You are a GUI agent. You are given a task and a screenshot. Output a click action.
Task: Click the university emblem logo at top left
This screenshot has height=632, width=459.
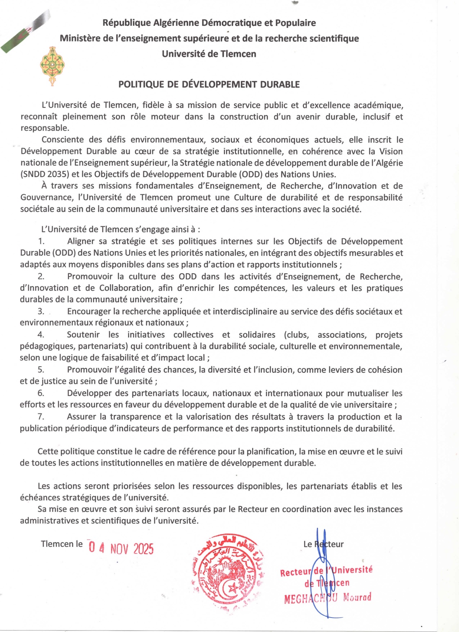click(52, 66)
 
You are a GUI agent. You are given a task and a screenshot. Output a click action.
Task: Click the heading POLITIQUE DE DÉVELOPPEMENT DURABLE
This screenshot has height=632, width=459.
click(209, 85)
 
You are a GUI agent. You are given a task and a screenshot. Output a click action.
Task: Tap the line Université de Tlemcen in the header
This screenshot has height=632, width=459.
click(209, 54)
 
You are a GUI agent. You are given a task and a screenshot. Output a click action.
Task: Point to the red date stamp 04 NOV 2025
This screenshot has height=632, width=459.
click(121, 548)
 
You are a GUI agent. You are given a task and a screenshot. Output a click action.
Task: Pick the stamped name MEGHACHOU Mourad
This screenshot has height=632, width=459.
click(327, 598)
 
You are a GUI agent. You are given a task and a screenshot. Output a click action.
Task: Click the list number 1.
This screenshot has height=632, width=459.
click(41, 241)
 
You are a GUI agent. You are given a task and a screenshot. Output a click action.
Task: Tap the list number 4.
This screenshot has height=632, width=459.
click(41, 335)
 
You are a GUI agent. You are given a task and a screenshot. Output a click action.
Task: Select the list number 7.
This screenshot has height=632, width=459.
click(41, 417)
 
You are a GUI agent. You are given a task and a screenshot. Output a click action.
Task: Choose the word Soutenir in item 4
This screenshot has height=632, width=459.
click(83, 335)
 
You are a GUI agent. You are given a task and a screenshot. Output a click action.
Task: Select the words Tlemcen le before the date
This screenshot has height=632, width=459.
click(62, 544)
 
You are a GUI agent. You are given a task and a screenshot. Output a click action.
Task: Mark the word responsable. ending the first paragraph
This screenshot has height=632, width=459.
click(45, 128)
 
